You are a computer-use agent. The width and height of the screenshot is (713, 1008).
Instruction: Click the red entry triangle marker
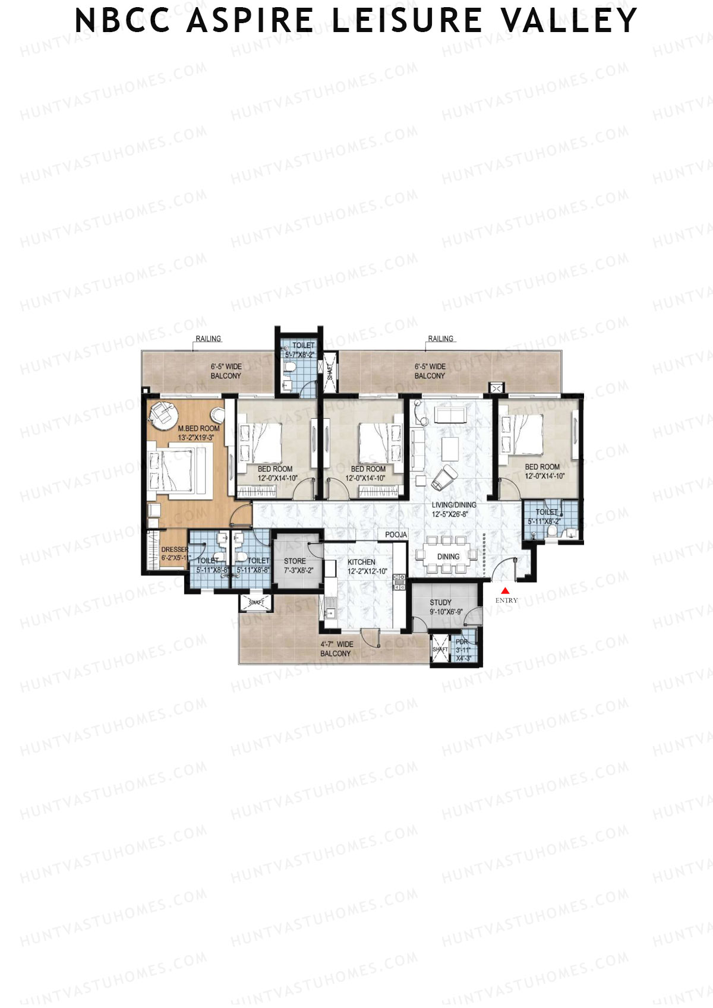(505, 590)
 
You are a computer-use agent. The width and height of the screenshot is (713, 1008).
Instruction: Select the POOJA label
(396, 535)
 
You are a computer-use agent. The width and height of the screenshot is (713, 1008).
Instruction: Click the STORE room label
(295, 561)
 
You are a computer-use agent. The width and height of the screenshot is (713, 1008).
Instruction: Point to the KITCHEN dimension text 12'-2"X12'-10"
(367, 571)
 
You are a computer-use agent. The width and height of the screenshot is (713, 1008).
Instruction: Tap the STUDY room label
(440, 602)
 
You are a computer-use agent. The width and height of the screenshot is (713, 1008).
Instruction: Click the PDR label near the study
(462, 642)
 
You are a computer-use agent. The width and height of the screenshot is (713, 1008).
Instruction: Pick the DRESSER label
(174, 550)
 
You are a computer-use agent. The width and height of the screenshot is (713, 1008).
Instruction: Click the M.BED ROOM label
(199, 428)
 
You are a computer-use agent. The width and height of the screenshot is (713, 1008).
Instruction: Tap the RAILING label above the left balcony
(208, 339)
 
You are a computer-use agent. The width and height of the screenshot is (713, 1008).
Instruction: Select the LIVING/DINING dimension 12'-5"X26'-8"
(453, 514)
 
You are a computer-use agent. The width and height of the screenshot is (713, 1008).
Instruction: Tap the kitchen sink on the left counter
(329, 608)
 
